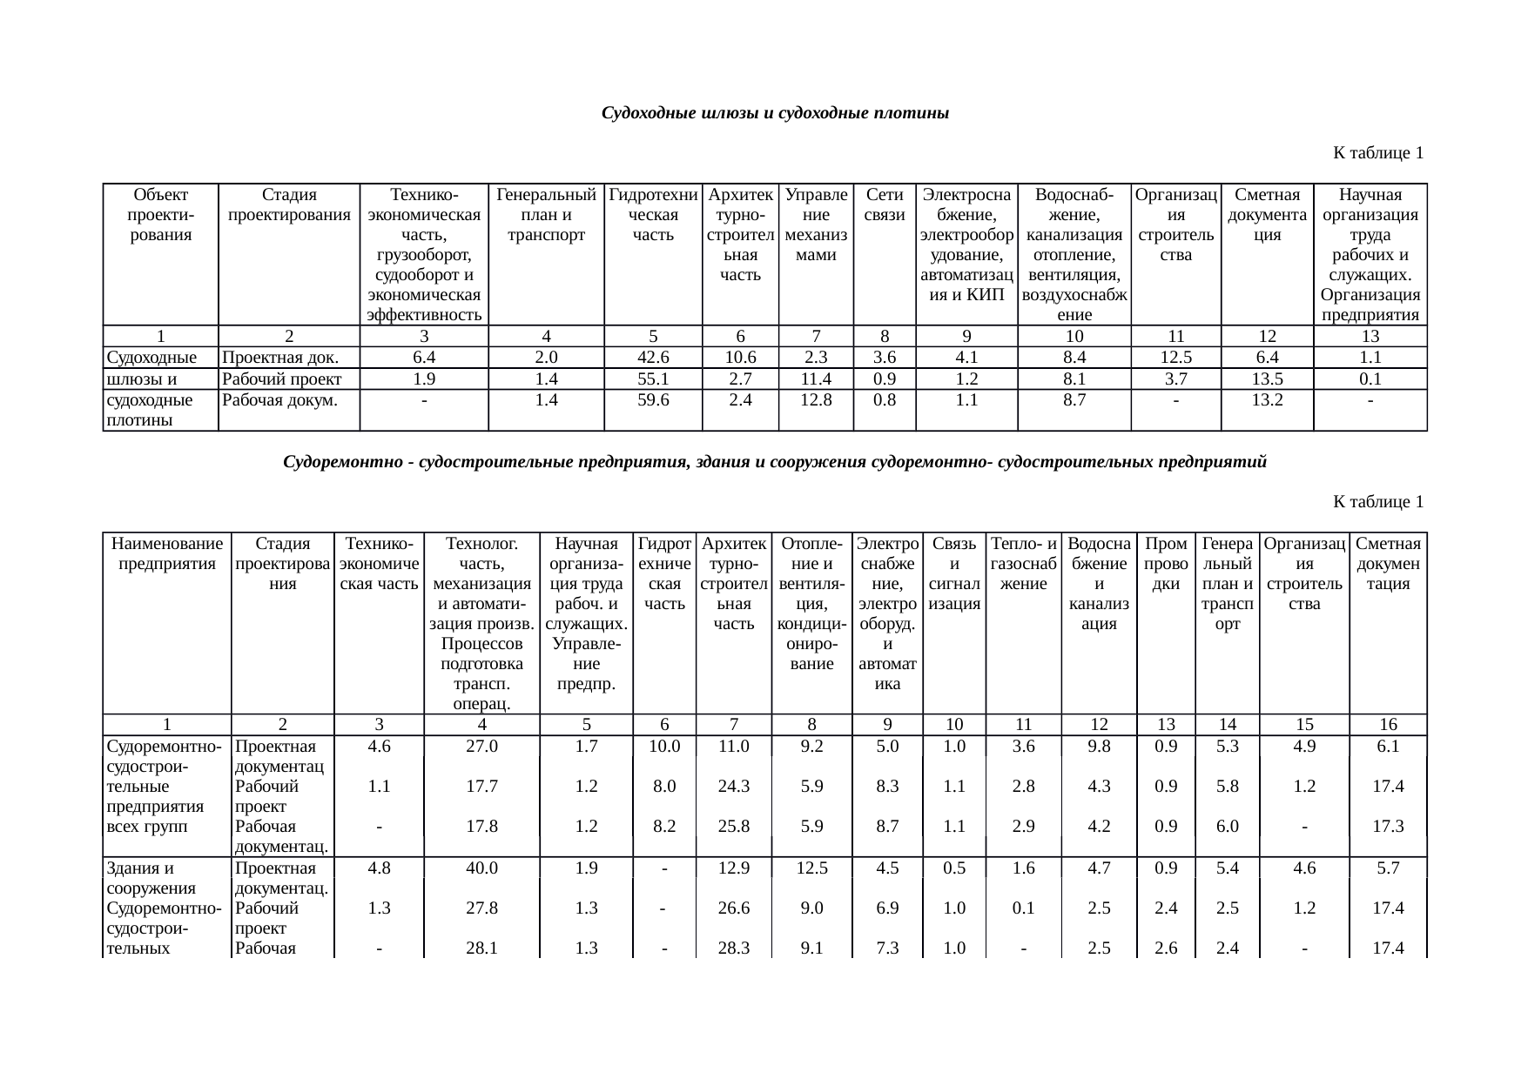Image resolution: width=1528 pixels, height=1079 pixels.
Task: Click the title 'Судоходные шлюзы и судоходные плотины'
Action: pyautogui.click(x=775, y=114)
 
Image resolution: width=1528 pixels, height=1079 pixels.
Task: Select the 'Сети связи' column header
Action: pyautogui.click(x=884, y=204)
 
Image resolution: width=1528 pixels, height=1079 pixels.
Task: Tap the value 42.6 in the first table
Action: pyautogui.click(x=653, y=358)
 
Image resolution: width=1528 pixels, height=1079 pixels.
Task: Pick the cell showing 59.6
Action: pyautogui.click(x=653, y=400)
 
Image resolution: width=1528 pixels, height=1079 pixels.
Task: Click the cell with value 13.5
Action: pyautogui.click(x=1267, y=379)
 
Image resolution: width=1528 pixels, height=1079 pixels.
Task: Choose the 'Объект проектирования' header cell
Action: pyautogui.click(x=160, y=215)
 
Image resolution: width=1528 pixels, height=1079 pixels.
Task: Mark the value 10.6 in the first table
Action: pyautogui.click(x=740, y=358)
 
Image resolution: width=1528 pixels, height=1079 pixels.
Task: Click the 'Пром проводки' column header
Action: pyautogui.click(x=1166, y=564)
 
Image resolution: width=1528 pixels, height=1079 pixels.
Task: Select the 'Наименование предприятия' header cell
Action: pyautogui.click(x=167, y=553)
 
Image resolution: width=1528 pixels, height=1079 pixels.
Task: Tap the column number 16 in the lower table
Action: pyautogui.click(x=1388, y=724)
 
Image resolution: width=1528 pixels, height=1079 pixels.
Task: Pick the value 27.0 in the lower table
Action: pyautogui.click(x=481, y=746)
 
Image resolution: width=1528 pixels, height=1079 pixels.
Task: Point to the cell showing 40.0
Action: pyautogui.click(x=481, y=868)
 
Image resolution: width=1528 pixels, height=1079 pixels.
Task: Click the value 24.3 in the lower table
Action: pyautogui.click(x=733, y=787)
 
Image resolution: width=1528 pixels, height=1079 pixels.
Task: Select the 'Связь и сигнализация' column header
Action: pyautogui.click(x=954, y=573)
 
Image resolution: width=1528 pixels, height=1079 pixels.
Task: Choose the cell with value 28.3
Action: pyautogui.click(x=733, y=948)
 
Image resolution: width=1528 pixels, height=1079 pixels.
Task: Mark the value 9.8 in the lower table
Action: pyautogui.click(x=1099, y=746)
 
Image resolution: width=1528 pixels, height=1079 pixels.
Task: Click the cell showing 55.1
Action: pyautogui.click(x=653, y=379)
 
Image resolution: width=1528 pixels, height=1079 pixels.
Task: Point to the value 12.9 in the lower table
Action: pyautogui.click(x=733, y=868)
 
